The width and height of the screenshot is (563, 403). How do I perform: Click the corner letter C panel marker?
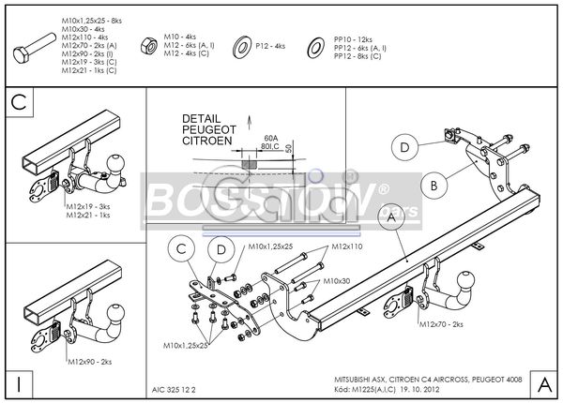click(19, 103)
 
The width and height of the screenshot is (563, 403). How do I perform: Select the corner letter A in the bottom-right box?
click(544, 382)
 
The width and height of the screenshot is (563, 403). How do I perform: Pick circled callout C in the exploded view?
click(182, 249)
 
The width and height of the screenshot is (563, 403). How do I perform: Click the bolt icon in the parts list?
click(37, 44)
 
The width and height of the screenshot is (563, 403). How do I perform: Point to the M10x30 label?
click(337, 280)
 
